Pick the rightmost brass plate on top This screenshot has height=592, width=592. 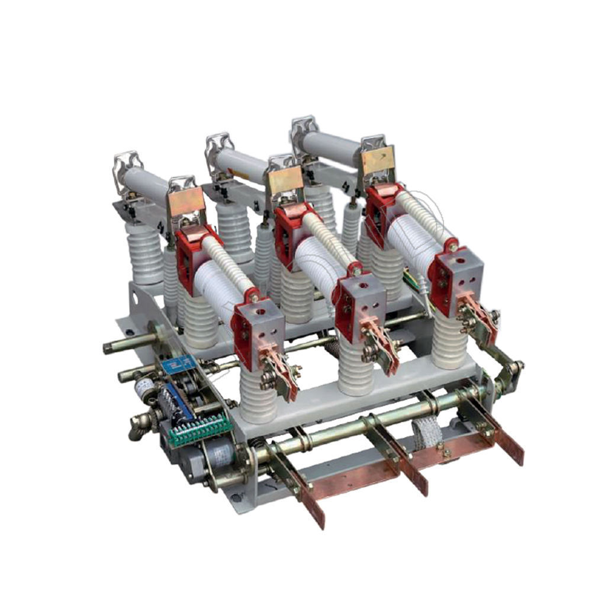click(x=378, y=159)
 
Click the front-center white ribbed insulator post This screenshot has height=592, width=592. click(x=355, y=367)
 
